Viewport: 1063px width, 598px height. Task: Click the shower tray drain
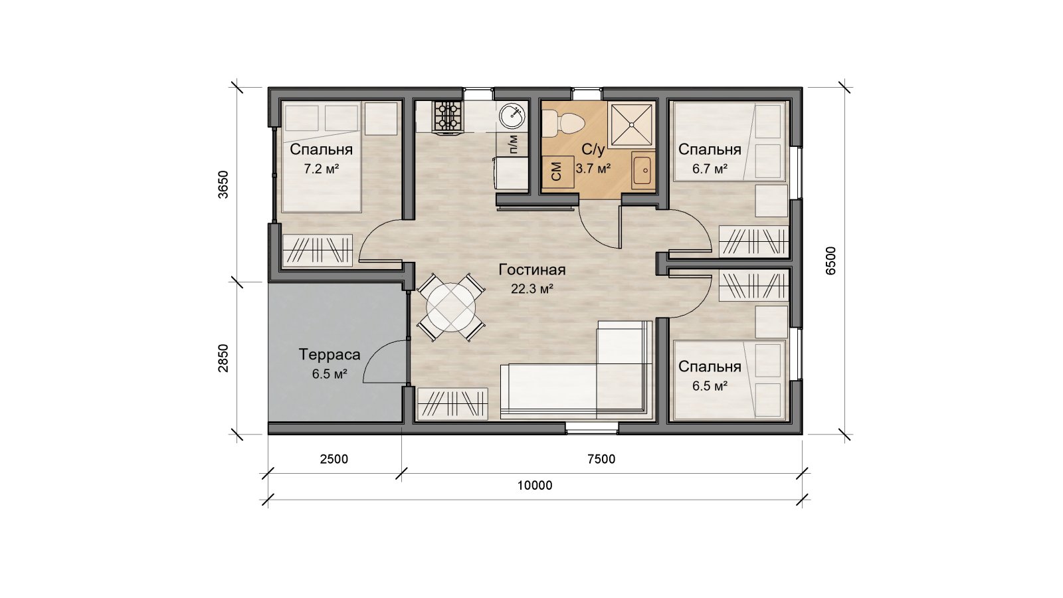631,125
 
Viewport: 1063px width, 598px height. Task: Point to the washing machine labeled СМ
558,171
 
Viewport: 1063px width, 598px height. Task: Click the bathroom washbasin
643,170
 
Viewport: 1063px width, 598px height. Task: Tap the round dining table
451,307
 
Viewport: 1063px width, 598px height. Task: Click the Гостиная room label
532,270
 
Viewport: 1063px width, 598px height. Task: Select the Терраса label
330,355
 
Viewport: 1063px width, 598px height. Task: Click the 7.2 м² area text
322,169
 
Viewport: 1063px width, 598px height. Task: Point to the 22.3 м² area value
532,288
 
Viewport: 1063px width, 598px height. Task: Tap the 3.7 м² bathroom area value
593,169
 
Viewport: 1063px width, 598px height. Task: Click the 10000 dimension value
535,486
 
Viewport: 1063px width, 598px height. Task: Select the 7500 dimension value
601,459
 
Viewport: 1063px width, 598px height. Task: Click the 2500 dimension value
334,459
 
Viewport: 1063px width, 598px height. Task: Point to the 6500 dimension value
830,260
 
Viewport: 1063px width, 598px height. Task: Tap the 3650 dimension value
223,184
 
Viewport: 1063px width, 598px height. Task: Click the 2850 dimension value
223,358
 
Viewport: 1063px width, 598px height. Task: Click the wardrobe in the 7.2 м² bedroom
318,250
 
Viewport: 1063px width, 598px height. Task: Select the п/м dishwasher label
513,144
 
